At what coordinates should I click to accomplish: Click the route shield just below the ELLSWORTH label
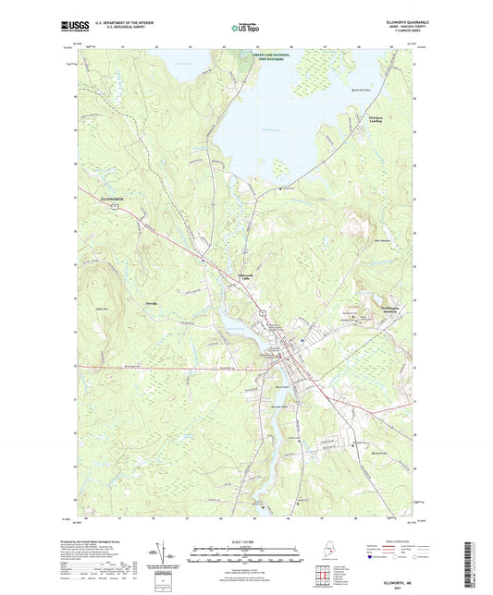(110, 208)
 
